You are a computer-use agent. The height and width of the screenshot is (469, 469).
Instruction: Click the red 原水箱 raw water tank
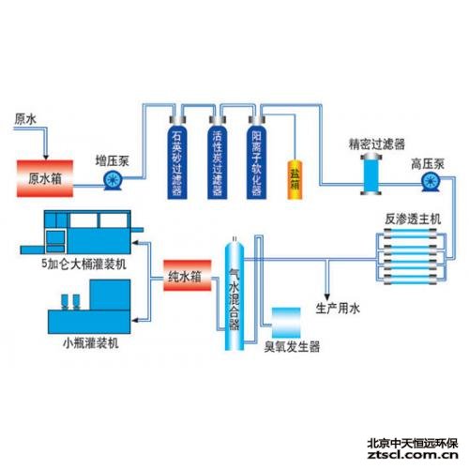pos(45,178)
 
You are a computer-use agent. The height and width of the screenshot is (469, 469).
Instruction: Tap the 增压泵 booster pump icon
pos(113,180)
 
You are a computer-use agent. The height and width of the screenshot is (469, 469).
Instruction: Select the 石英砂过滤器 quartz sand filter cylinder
pos(177,158)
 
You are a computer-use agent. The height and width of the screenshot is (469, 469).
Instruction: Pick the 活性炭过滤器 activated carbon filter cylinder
pos(218,158)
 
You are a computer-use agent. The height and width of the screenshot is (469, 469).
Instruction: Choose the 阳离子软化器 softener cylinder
pos(257,158)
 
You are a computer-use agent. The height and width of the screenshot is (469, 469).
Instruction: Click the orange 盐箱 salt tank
pos(295,179)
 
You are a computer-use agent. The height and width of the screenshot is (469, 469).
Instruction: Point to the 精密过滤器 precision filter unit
pos(371,174)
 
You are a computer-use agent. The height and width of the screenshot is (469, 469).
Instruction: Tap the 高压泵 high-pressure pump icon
pos(431,182)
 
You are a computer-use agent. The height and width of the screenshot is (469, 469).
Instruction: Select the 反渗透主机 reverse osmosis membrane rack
pos(411,256)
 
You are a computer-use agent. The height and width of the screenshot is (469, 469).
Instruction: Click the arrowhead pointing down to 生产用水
pos(327,296)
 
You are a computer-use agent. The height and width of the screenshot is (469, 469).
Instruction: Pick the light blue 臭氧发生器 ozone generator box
pos(286,323)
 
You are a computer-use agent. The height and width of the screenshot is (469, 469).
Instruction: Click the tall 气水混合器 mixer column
pos(234,294)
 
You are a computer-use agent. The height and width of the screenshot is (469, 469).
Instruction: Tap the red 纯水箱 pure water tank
pos(188,276)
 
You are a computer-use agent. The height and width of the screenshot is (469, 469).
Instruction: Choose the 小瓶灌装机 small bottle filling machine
pos(89,307)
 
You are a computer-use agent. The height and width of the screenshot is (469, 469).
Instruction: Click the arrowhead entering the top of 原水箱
pos(46,156)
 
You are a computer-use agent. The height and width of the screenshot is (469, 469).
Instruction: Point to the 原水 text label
pos(25,119)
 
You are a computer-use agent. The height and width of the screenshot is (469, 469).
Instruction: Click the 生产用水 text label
pos(338,309)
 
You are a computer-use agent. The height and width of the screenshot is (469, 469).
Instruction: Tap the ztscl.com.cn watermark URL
pos(413,455)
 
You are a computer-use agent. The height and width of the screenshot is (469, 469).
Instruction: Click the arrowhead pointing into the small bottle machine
pos(135,320)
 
